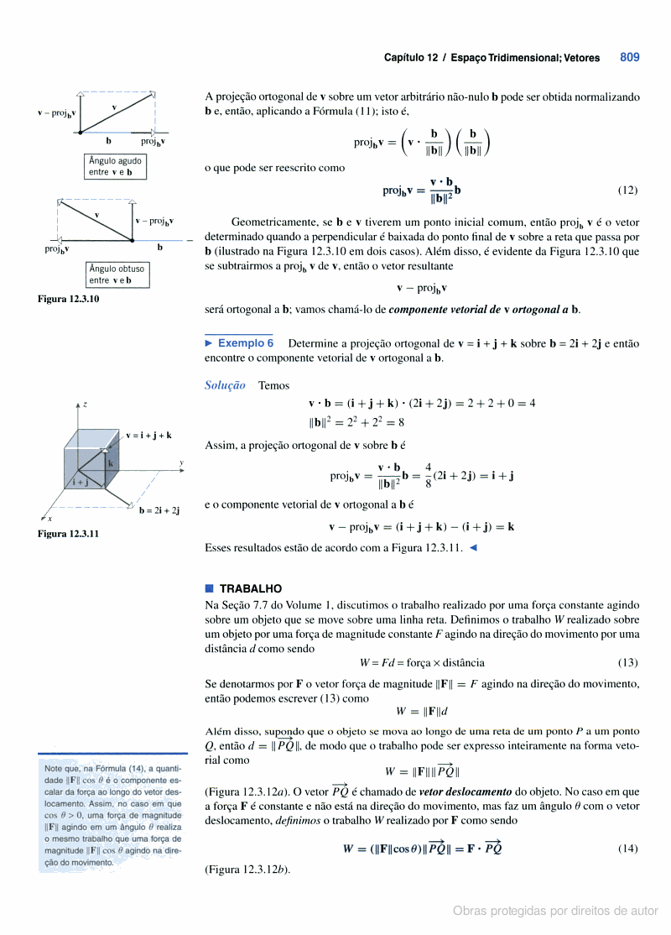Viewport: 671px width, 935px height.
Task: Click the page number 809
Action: pyautogui.click(x=630, y=58)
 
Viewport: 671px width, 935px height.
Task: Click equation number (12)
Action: pyautogui.click(x=627, y=190)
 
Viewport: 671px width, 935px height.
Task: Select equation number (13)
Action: pyautogui.click(x=627, y=661)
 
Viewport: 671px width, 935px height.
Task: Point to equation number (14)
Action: pyautogui.click(x=627, y=849)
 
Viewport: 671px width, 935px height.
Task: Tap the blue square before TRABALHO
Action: pyautogui.click(x=209, y=588)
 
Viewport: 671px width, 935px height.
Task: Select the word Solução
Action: pyautogui.click(x=225, y=385)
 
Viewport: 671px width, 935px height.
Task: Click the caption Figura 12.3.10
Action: pyautogui.click(x=68, y=298)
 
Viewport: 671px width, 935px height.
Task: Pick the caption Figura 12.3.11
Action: pyautogui.click(x=68, y=533)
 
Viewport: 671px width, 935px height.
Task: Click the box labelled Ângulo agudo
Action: pyautogui.click(x=116, y=166)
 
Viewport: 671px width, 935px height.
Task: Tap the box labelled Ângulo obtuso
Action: pyautogui.click(x=117, y=274)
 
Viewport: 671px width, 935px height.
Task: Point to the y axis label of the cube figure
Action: pyautogui.click(x=181, y=463)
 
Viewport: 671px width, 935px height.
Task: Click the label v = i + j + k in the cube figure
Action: pyautogui.click(x=150, y=435)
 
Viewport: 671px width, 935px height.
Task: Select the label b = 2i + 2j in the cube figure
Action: pyautogui.click(x=159, y=509)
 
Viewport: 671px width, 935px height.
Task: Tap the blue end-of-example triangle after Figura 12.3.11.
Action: pyautogui.click(x=474, y=548)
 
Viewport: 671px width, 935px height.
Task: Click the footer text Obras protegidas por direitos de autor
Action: pyautogui.click(x=555, y=911)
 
